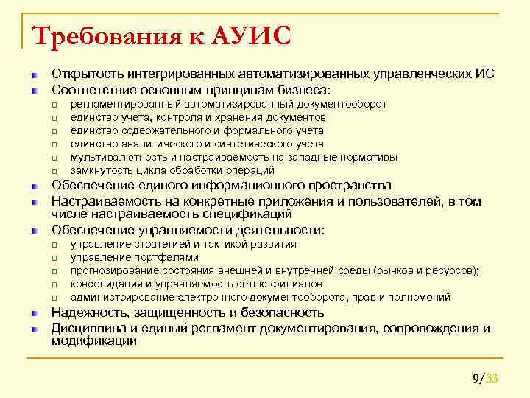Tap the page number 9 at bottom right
476,379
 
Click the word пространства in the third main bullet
350,185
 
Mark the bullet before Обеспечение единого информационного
34,186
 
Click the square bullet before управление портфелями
54,258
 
